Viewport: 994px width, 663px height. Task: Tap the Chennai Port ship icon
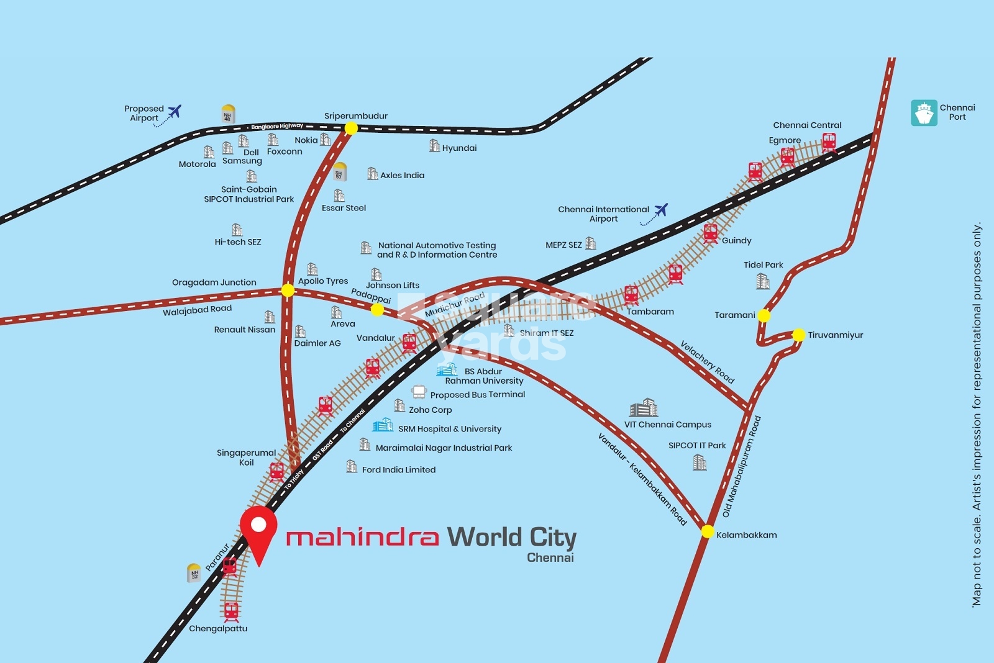coord(924,113)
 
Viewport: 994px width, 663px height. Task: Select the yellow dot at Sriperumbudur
coord(351,128)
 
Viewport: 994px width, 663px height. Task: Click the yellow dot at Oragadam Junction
coord(288,290)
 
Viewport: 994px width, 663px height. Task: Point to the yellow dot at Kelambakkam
coord(708,531)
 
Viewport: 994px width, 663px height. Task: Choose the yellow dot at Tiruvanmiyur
coord(798,335)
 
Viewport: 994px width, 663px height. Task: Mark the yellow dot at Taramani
coord(764,315)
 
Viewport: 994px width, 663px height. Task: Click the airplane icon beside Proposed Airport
coord(175,111)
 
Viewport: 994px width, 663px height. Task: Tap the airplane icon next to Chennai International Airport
coord(661,210)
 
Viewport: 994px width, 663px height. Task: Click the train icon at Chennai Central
coord(829,143)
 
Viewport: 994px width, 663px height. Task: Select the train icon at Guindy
coord(711,233)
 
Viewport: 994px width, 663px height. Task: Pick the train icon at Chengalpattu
coord(231,611)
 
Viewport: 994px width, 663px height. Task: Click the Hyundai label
coord(459,148)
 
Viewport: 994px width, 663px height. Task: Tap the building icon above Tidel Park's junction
coord(763,281)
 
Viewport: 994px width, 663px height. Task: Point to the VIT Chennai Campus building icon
coord(644,408)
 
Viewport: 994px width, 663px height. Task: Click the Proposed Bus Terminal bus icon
coord(419,392)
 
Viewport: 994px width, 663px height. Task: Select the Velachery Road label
coord(707,362)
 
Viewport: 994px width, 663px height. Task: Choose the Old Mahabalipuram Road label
coord(742,467)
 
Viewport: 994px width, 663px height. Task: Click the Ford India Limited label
coord(399,470)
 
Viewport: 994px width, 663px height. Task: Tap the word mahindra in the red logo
coord(362,537)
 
